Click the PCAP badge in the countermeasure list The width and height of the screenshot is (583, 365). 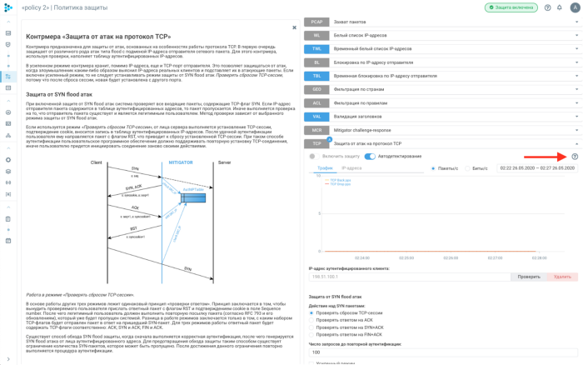click(316, 22)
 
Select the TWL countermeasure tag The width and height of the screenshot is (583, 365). click(316, 49)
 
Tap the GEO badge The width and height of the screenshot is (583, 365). click(316, 89)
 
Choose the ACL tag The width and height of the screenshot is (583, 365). click(316, 102)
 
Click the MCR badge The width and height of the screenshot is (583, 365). click(316, 130)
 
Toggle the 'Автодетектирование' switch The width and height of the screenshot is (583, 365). click(370, 157)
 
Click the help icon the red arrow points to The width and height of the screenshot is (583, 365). click(575, 157)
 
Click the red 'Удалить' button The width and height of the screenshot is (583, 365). click(562, 277)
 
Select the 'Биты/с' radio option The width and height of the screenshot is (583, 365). click(468, 168)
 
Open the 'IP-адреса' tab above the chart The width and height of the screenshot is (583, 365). click(351, 168)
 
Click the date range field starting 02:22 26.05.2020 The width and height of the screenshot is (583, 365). click(537, 168)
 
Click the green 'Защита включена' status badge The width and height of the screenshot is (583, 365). click(511, 7)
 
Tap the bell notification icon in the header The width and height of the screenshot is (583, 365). click(561, 7)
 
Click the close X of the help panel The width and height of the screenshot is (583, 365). click(294, 27)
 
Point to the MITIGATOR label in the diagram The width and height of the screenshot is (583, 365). click(181, 162)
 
